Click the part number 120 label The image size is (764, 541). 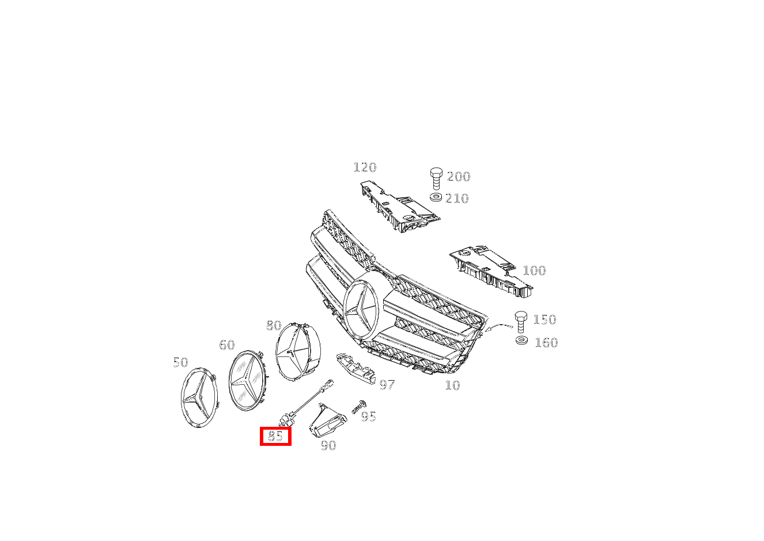[x=365, y=167]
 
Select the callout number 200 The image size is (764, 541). [x=459, y=176]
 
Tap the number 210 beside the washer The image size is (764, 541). [x=457, y=198]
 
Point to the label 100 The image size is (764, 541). [x=534, y=270]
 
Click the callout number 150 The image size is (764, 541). [x=544, y=320]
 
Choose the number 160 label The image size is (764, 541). [x=546, y=343]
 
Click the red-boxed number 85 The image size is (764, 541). [x=275, y=436]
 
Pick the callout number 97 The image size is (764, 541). [x=387, y=385]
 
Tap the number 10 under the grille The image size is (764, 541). [x=453, y=385]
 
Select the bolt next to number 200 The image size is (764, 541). [x=436, y=179]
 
